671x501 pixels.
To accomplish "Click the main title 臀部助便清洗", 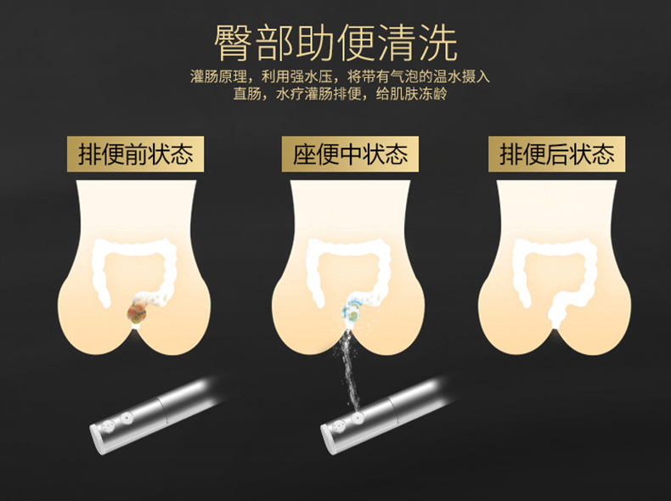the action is (x=335, y=43).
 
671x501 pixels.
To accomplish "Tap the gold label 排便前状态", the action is (x=135, y=154).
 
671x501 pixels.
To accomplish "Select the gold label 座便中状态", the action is (x=350, y=154).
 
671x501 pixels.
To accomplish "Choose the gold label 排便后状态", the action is (x=556, y=154).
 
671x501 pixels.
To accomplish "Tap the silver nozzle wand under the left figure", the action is (x=155, y=414).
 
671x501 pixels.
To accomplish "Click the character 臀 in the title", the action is (x=232, y=43).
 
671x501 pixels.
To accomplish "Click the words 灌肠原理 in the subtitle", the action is (x=218, y=76).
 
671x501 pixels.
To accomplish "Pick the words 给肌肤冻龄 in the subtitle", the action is (x=411, y=93).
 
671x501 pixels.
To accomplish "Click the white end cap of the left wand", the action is (x=97, y=440).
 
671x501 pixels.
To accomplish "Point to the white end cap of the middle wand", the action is (x=329, y=440).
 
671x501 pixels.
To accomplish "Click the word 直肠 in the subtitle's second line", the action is (x=247, y=93).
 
